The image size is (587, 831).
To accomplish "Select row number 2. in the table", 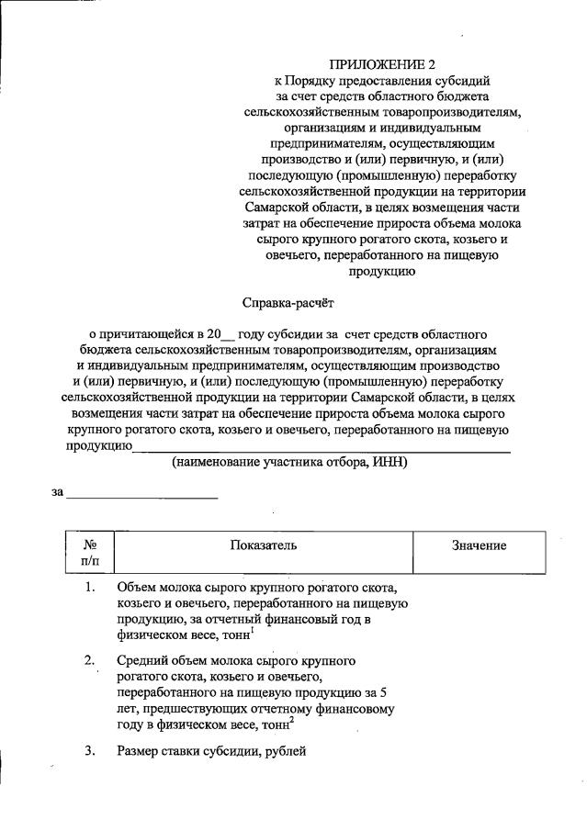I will tap(90, 660).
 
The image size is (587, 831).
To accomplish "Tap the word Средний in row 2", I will tap(143, 660).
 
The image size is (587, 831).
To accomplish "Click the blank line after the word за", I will tap(141, 493).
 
